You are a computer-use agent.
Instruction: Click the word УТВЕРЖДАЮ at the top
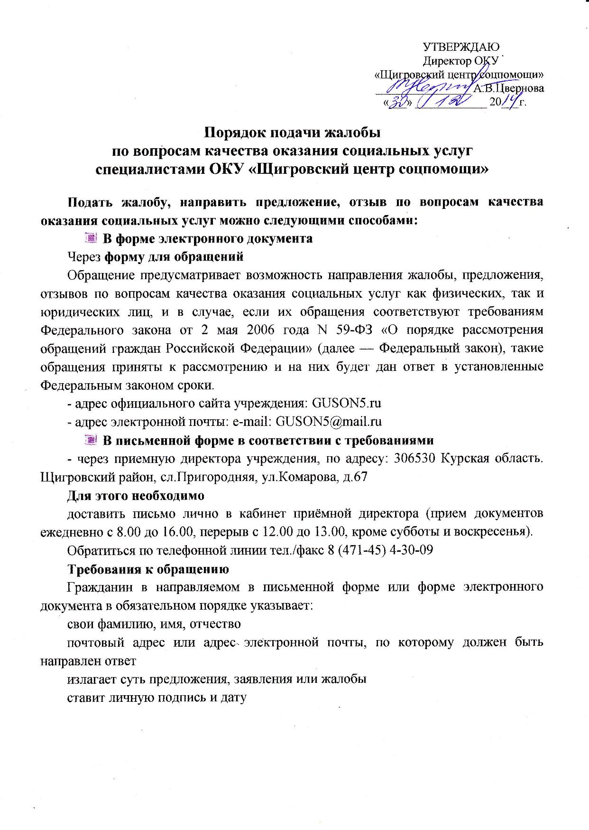click(461, 47)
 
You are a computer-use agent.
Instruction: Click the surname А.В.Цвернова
click(509, 88)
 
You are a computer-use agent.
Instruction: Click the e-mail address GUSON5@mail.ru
click(329, 422)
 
